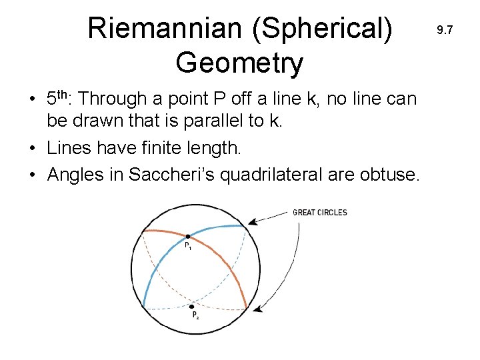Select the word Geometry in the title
pyautogui.click(x=239, y=63)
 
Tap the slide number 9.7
pyautogui.click(x=445, y=30)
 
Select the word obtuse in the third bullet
pyautogui.click(x=387, y=175)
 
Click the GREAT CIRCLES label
pyautogui.click(x=320, y=213)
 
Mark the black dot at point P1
pyautogui.click(x=188, y=236)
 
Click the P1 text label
pyautogui.click(x=188, y=246)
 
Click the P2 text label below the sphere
pyautogui.click(x=195, y=315)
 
